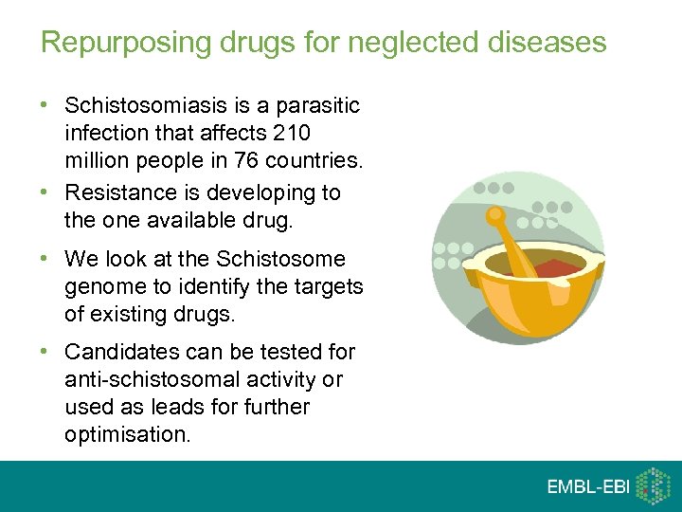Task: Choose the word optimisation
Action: (x=126, y=434)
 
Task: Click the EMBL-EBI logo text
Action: (x=587, y=487)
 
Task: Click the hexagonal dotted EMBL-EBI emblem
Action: (x=653, y=485)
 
